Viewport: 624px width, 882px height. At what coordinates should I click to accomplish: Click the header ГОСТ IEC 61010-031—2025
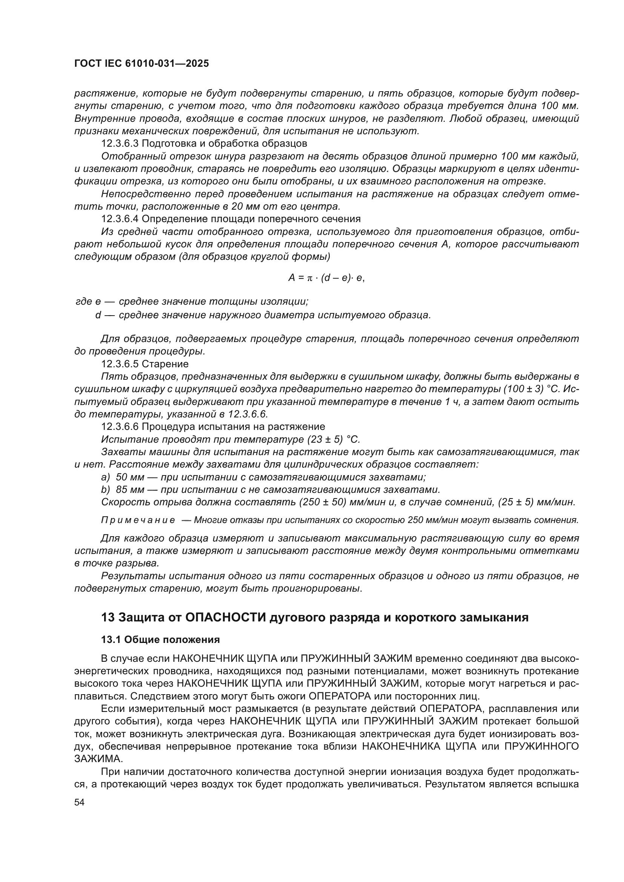141,63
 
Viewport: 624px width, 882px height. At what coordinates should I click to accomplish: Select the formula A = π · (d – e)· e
326,278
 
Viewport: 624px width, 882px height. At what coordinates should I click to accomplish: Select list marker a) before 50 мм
105,477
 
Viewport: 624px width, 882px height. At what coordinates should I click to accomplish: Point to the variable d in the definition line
98,315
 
